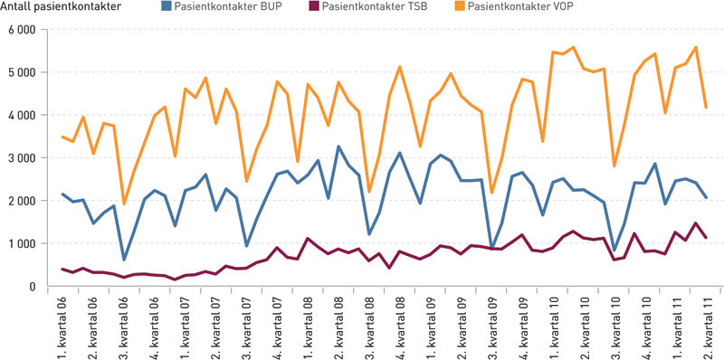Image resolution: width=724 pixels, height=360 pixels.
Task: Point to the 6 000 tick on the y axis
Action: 19,30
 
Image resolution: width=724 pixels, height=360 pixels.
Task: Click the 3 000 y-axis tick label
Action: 19,158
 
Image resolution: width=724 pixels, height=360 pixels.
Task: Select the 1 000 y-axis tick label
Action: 19,244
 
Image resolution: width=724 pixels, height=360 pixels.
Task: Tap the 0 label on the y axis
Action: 31,287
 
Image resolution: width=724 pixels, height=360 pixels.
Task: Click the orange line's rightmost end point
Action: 707,108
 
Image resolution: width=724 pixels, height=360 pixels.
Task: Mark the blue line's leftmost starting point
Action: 62,194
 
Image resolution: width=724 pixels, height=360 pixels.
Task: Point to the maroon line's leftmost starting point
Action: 62,269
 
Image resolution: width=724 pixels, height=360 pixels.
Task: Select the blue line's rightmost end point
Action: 707,197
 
